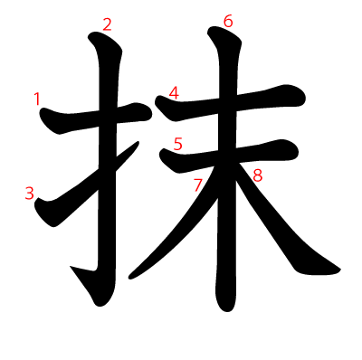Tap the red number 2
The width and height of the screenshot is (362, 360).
107,24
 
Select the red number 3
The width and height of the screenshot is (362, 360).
30,193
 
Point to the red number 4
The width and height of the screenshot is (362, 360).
173,92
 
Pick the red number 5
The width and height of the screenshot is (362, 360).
177,143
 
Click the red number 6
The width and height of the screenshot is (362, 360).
227,20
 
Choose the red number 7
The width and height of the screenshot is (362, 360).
198,185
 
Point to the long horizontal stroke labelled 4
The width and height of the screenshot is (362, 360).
262,101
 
